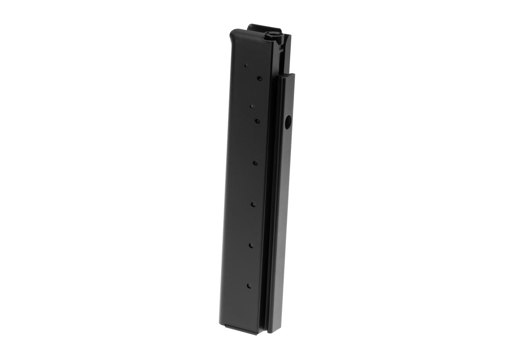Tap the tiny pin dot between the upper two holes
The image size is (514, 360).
[251, 107]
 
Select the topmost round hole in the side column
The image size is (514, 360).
[259, 78]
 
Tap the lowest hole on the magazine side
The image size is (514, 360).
[249, 286]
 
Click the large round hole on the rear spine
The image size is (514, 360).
[287, 121]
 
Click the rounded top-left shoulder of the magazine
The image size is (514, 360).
[234, 35]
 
